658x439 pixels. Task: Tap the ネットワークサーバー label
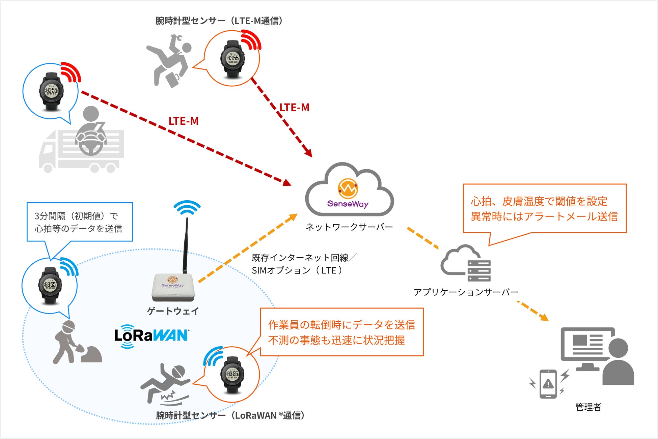tap(349, 227)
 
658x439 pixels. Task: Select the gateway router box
tap(172, 287)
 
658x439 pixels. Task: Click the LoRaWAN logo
tap(152, 336)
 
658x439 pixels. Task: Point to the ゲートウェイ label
tap(173, 311)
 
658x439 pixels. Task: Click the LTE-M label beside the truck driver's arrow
tap(183, 121)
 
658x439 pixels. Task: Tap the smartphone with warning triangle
tap(548, 384)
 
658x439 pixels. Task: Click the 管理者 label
tap(588, 407)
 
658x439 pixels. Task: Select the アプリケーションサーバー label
tap(466, 292)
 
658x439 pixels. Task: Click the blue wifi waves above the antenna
tap(187, 207)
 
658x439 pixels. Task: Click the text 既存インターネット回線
tap(300, 258)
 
